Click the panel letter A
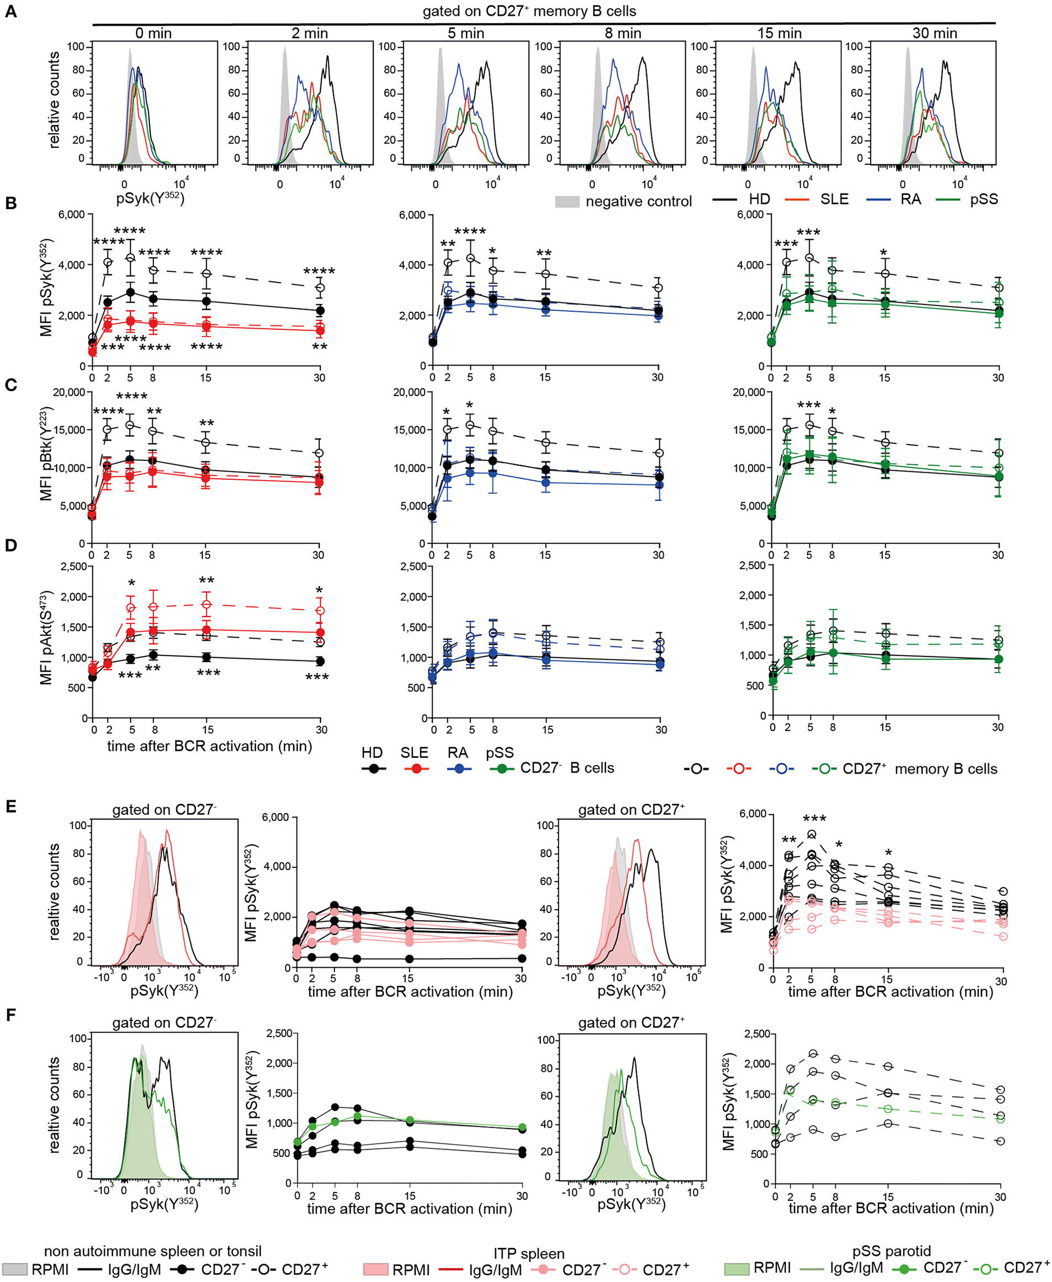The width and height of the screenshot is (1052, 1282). coord(10,12)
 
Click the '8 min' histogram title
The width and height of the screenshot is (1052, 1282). coord(622,33)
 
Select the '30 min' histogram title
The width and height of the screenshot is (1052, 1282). coord(935,33)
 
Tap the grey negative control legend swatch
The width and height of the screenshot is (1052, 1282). coord(567,201)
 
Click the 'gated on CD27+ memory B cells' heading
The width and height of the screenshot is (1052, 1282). coord(529,11)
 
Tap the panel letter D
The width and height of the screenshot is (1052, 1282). coord(10,546)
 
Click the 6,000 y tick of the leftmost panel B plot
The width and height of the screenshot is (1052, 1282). coord(71,215)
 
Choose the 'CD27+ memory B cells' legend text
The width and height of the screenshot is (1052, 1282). coord(919,768)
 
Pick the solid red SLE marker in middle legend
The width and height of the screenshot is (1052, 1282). coord(415,768)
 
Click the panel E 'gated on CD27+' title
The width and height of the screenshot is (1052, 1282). coord(631,810)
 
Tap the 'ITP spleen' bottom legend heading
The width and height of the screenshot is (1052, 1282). coord(528,1253)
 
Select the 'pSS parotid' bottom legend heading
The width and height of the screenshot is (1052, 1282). coord(891,1251)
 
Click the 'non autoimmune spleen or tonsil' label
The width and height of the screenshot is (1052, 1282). coord(153,1251)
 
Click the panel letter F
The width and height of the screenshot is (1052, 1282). coord(10,1016)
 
